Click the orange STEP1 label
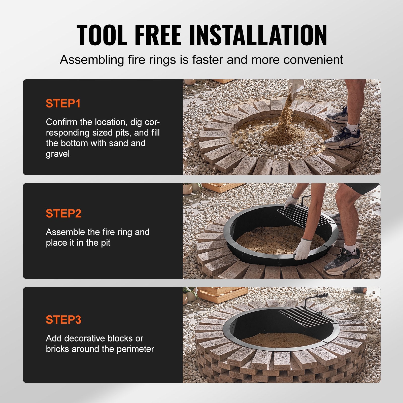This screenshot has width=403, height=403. coord(63,103)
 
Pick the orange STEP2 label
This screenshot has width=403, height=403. coord(63,213)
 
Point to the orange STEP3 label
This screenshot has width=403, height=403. coord(63,320)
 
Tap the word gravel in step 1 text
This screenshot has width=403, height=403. coord(58,154)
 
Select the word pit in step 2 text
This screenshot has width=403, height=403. coord(106,243)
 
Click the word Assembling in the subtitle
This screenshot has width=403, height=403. coord(92,60)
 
